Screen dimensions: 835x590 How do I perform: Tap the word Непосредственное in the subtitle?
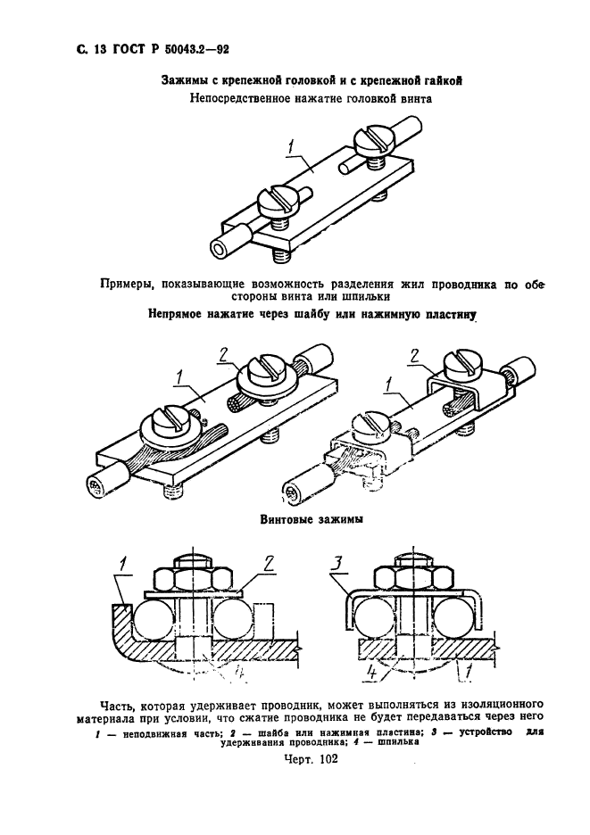coord(241,99)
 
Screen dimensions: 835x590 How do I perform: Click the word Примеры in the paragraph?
coord(131,285)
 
